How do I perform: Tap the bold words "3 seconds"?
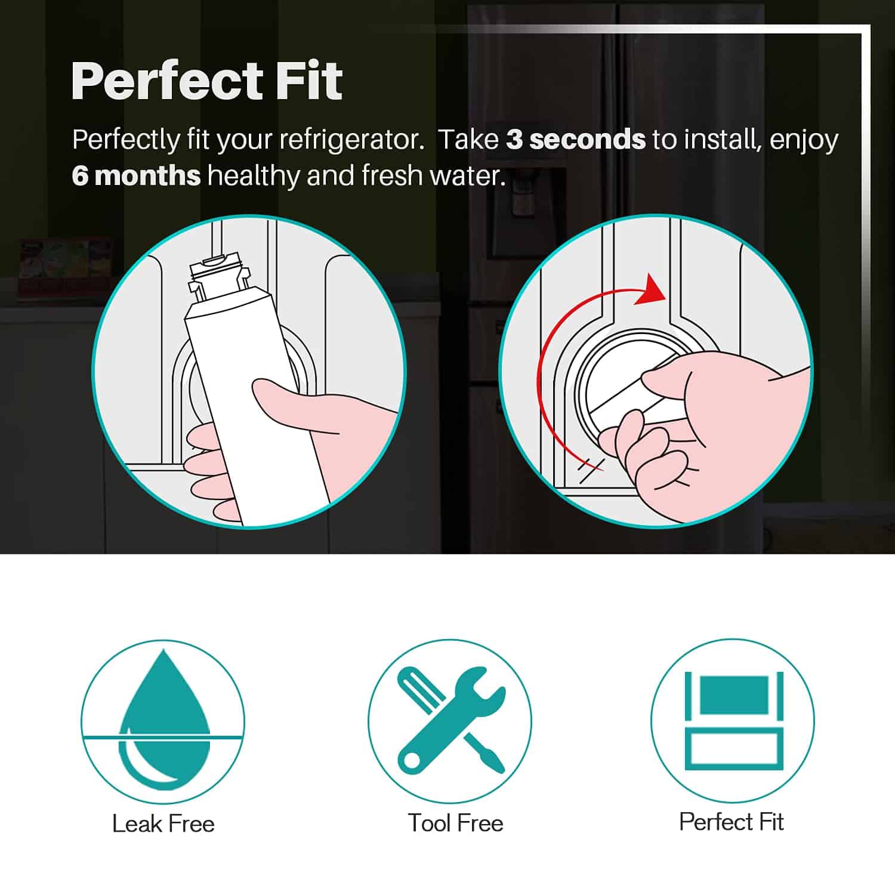coord(576,140)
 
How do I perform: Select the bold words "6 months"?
coord(136,175)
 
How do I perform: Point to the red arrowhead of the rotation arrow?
coord(650,291)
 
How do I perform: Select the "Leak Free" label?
coord(163,824)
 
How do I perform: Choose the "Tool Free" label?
coord(455,823)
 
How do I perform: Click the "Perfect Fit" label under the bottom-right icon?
coord(731,822)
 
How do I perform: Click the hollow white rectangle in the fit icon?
coord(733,748)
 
